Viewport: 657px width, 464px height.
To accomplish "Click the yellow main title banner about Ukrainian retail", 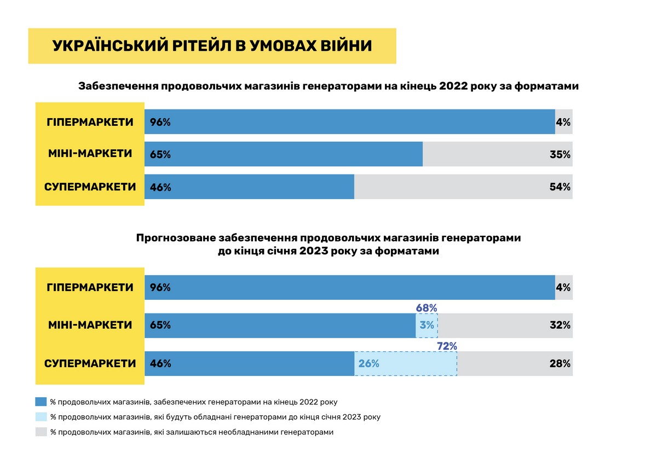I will (x=212, y=46).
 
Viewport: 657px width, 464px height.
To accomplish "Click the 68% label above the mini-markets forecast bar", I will (x=427, y=308).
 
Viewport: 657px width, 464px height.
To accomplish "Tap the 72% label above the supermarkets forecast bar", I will (x=447, y=346).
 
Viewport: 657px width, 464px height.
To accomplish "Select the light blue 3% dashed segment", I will (x=427, y=325).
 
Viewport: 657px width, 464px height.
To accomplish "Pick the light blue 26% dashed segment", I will (x=406, y=363).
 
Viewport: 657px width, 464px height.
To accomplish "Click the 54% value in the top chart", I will (x=560, y=187).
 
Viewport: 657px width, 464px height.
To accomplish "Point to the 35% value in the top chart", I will (x=560, y=154).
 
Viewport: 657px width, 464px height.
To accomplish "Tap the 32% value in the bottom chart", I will (x=560, y=325).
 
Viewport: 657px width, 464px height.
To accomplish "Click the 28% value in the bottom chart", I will (x=560, y=363).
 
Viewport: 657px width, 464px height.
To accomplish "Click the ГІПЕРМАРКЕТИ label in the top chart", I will (x=90, y=121).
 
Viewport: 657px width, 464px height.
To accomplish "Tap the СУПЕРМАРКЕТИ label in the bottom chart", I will (x=90, y=363).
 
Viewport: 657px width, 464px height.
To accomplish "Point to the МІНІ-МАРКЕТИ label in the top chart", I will (x=90, y=154).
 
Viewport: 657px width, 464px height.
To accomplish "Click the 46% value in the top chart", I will (x=160, y=187).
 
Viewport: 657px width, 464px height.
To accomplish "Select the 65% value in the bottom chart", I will (x=160, y=325).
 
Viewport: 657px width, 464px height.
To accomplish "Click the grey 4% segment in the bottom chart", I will (x=563, y=287).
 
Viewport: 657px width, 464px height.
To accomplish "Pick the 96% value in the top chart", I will (x=160, y=122).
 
